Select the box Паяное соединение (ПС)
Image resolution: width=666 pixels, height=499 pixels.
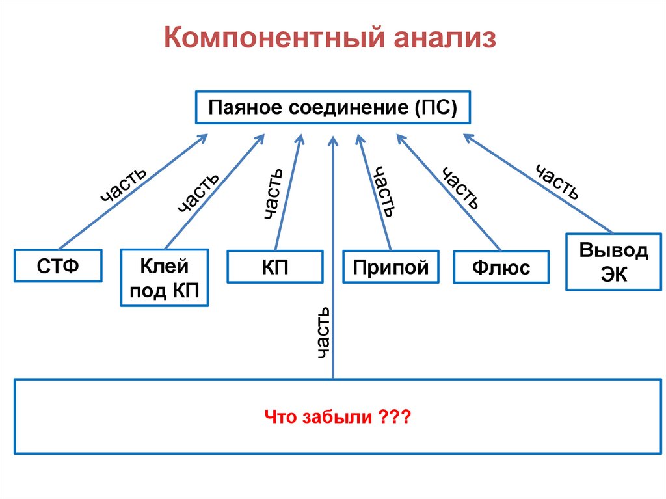click(x=332, y=107)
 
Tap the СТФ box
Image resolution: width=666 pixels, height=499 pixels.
click(x=59, y=265)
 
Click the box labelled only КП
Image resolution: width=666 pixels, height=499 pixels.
click(x=274, y=266)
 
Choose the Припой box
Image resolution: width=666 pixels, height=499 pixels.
click(x=391, y=267)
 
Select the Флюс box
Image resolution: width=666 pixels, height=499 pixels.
click(x=501, y=267)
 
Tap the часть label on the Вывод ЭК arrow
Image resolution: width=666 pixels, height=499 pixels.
click(x=557, y=182)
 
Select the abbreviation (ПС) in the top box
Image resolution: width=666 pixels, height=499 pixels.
click(x=433, y=107)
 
